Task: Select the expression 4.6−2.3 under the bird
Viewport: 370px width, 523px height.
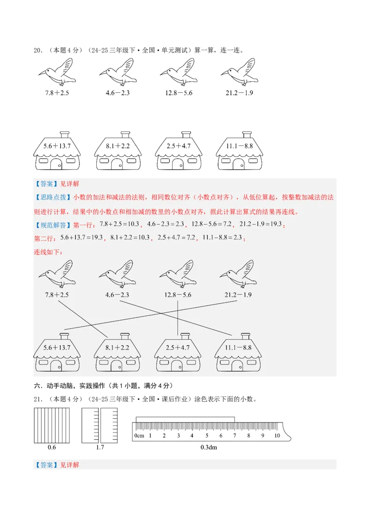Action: pos(117,295)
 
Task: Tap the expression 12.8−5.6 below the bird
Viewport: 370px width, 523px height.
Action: pos(178,295)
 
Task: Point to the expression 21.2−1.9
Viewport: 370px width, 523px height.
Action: pos(238,295)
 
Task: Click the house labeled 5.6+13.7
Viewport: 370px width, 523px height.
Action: pos(56,353)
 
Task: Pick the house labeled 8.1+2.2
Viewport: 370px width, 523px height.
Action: pos(117,353)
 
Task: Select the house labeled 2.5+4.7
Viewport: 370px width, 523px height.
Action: pos(178,353)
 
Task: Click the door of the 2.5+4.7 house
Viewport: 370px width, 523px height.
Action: pos(177,366)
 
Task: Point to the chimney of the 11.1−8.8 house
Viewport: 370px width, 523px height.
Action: pos(246,334)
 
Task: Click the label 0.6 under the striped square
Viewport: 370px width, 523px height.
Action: pos(52,447)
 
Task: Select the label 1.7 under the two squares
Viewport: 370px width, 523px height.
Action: pos(99,447)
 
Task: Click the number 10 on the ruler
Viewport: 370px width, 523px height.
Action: pos(277,436)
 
